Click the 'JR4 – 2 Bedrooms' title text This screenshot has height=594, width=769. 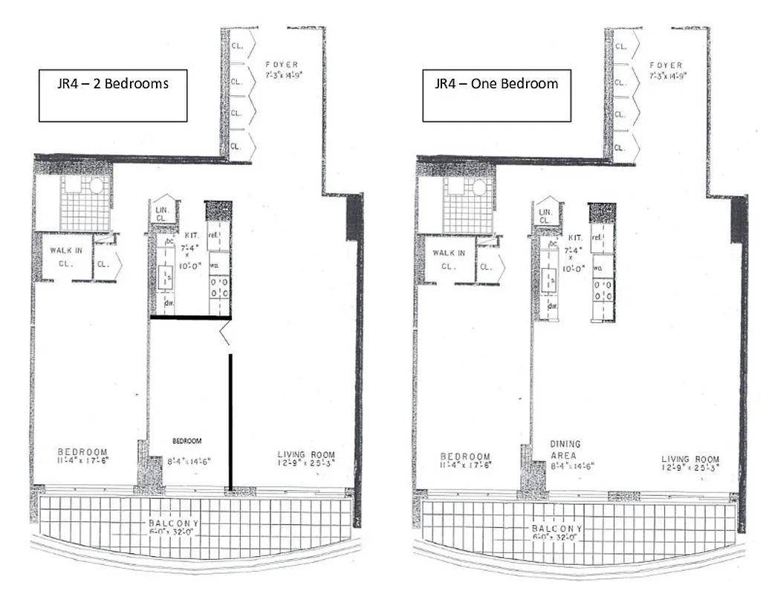(113, 83)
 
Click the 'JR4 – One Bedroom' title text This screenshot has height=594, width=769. (496, 83)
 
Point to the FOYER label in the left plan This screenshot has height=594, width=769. (282, 70)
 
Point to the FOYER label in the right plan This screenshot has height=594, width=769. (666, 70)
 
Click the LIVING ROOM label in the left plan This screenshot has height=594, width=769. (306, 460)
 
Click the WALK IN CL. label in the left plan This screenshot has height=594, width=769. (66, 256)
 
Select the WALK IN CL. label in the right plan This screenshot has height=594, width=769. (450, 259)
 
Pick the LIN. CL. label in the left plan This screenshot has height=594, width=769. (163, 215)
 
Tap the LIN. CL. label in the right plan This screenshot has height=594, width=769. (546, 217)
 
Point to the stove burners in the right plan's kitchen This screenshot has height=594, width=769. (603, 290)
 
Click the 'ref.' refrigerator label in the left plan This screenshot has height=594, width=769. (213, 236)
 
